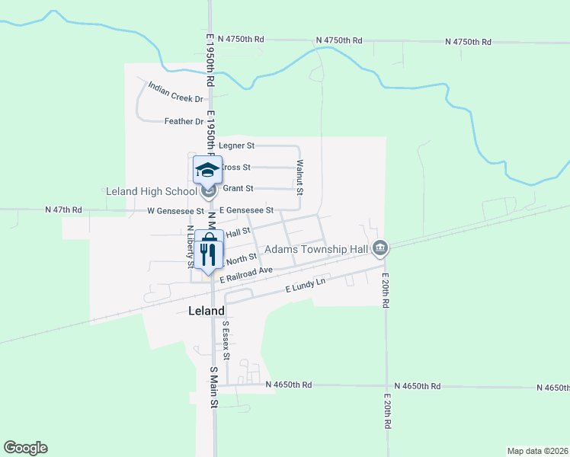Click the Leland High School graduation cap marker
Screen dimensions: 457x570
click(207, 170)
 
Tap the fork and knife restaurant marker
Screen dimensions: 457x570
click(207, 251)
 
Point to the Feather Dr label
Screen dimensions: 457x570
click(184, 121)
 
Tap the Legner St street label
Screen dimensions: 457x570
click(236, 145)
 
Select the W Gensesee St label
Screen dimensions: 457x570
click(175, 210)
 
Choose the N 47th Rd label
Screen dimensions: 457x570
click(63, 209)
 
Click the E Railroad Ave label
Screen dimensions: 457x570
click(246, 275)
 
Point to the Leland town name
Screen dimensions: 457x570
click(207, 311)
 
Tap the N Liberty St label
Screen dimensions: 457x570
click(190, 247)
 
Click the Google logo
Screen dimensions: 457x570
click(25, 448)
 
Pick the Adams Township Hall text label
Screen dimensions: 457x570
click(315, 249)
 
